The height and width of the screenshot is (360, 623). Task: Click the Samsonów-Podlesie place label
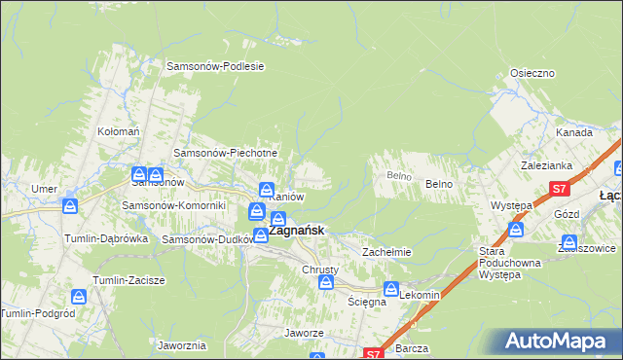pos(216,66)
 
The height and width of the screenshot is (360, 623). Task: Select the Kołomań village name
pos(120,130)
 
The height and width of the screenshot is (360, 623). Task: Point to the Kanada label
pos(574,132)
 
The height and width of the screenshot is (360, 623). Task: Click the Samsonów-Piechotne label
pos(226,153)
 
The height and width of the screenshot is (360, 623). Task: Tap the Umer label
pos(44,188)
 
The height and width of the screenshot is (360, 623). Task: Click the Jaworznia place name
pos(181,344)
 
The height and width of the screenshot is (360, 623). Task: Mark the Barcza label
pos(413,347)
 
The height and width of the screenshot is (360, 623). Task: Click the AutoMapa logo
pos(558,342)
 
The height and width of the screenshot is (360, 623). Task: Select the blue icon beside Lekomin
pos(390,289)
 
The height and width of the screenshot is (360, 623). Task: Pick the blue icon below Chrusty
pos(327,282)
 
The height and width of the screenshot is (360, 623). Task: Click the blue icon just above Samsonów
pos(140,174)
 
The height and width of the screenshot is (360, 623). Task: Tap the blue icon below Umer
pos(69,206)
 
